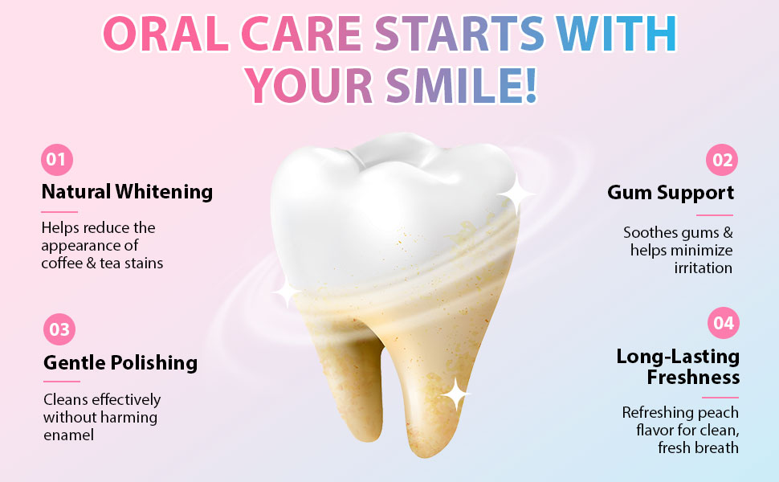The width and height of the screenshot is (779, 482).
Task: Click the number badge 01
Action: pos(56,159)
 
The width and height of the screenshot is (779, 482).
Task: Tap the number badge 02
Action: pos(722,160)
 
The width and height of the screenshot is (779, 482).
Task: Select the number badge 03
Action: pos(59,329)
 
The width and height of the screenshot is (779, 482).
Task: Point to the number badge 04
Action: pos(723,323)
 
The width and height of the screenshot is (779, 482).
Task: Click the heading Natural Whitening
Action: pos(127,192)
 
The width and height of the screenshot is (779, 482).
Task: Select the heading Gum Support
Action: pos(671,193)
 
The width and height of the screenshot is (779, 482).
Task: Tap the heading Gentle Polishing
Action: pos(120,362)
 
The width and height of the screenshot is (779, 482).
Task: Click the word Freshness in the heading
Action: pos(693,377)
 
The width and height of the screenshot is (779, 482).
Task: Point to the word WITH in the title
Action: pos(616,35)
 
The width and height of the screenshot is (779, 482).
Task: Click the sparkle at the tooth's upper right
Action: pos(516,195)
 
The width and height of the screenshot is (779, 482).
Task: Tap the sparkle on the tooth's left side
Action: pos(285,292)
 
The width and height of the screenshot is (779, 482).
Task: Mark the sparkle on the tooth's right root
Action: pos(455,394)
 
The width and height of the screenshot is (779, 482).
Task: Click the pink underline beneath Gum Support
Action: pos(714,215)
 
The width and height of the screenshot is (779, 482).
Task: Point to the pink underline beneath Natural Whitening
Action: pos(59,212)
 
